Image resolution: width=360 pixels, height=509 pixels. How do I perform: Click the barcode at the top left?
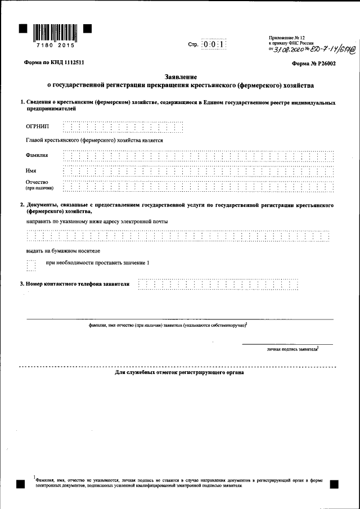(55, 31)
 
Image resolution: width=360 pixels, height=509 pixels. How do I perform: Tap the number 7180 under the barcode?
(43, 45)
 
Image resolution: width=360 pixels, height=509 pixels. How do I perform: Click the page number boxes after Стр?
(214, 44)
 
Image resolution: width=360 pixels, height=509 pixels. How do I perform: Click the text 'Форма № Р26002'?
(314, 64)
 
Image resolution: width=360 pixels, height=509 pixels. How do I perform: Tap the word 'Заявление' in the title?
(181, 76)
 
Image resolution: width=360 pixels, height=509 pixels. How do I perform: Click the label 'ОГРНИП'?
(38, 127)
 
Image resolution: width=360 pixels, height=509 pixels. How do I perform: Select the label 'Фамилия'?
(37, 155)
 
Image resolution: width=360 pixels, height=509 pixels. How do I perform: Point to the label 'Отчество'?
(37, 182)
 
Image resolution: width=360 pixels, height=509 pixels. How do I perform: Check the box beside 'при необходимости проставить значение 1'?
(31, 264)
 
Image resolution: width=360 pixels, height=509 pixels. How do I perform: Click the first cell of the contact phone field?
(142, 284)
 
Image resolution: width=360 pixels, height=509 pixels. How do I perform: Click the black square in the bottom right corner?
(333, 484)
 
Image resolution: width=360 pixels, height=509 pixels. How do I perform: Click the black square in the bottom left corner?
(21, 484)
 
